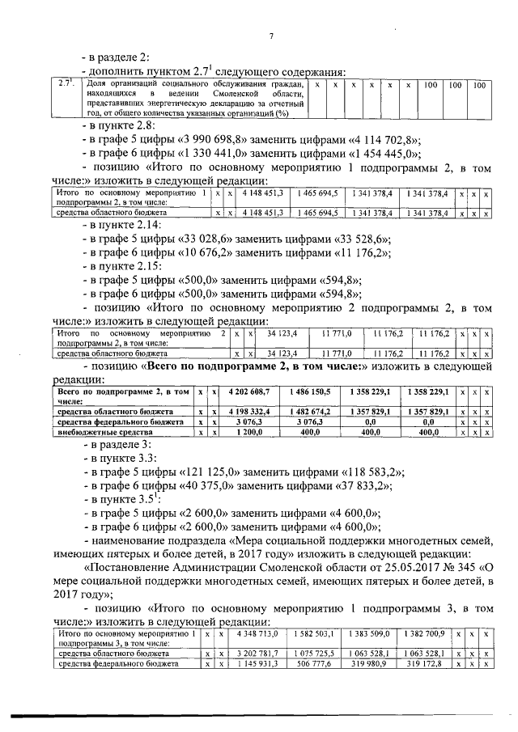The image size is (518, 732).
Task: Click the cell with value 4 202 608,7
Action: click(254, 391)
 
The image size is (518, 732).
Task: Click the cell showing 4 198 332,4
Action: click(254, 412)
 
